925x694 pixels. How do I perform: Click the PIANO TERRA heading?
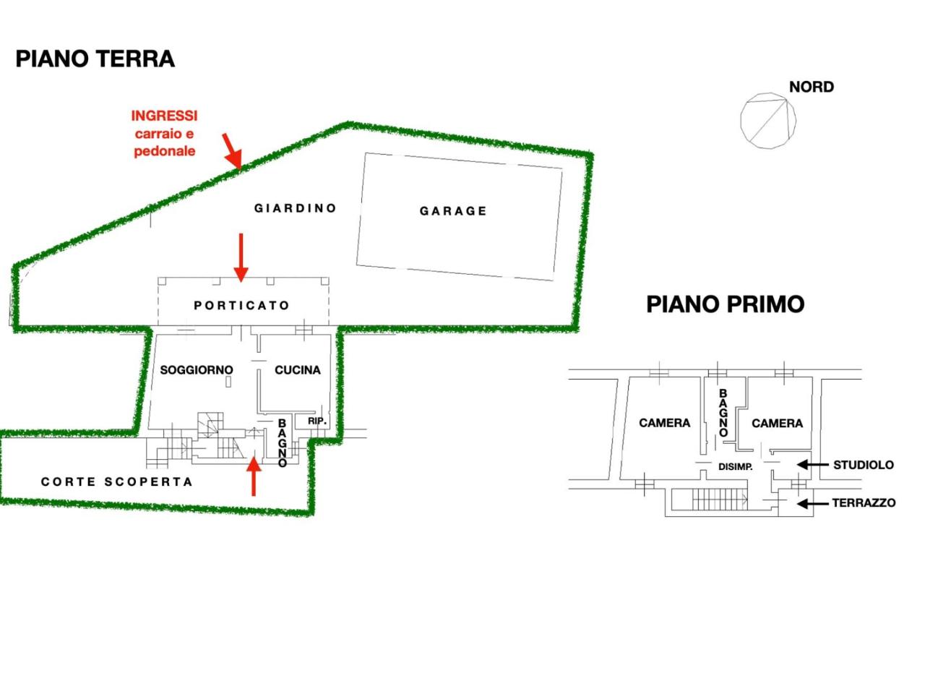click(x=95, y=59)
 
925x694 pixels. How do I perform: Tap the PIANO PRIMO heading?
click(x=725, y=304)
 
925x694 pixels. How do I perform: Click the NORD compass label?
click(x=812, y=87)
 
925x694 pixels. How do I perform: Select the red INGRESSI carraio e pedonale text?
click(x=164, y=133)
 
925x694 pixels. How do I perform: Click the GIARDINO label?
click(x=295, y=208)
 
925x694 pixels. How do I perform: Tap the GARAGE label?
click(x=453, y=211)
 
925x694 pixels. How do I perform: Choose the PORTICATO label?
click(x=241, y=305)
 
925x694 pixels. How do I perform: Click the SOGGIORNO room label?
click(x=197, y=370)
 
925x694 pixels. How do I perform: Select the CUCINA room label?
click(x=298, y=370)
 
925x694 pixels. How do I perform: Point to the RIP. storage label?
click(x=317, y=421)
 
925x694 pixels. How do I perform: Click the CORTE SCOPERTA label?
click(x=117, y=481)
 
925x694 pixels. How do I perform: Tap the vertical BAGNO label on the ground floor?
click(x=283, y=443)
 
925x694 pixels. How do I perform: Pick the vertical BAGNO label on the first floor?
click(x=723, y=413)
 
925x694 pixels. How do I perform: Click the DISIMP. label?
click(x=736, y=467)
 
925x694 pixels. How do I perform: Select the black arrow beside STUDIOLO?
click(x=812, y=465)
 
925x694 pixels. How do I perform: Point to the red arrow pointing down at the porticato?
click(x=241, y=257)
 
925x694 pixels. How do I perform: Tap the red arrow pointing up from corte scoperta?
click(x=254, y=476)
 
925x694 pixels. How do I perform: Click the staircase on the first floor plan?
click(x=719, y=500)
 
